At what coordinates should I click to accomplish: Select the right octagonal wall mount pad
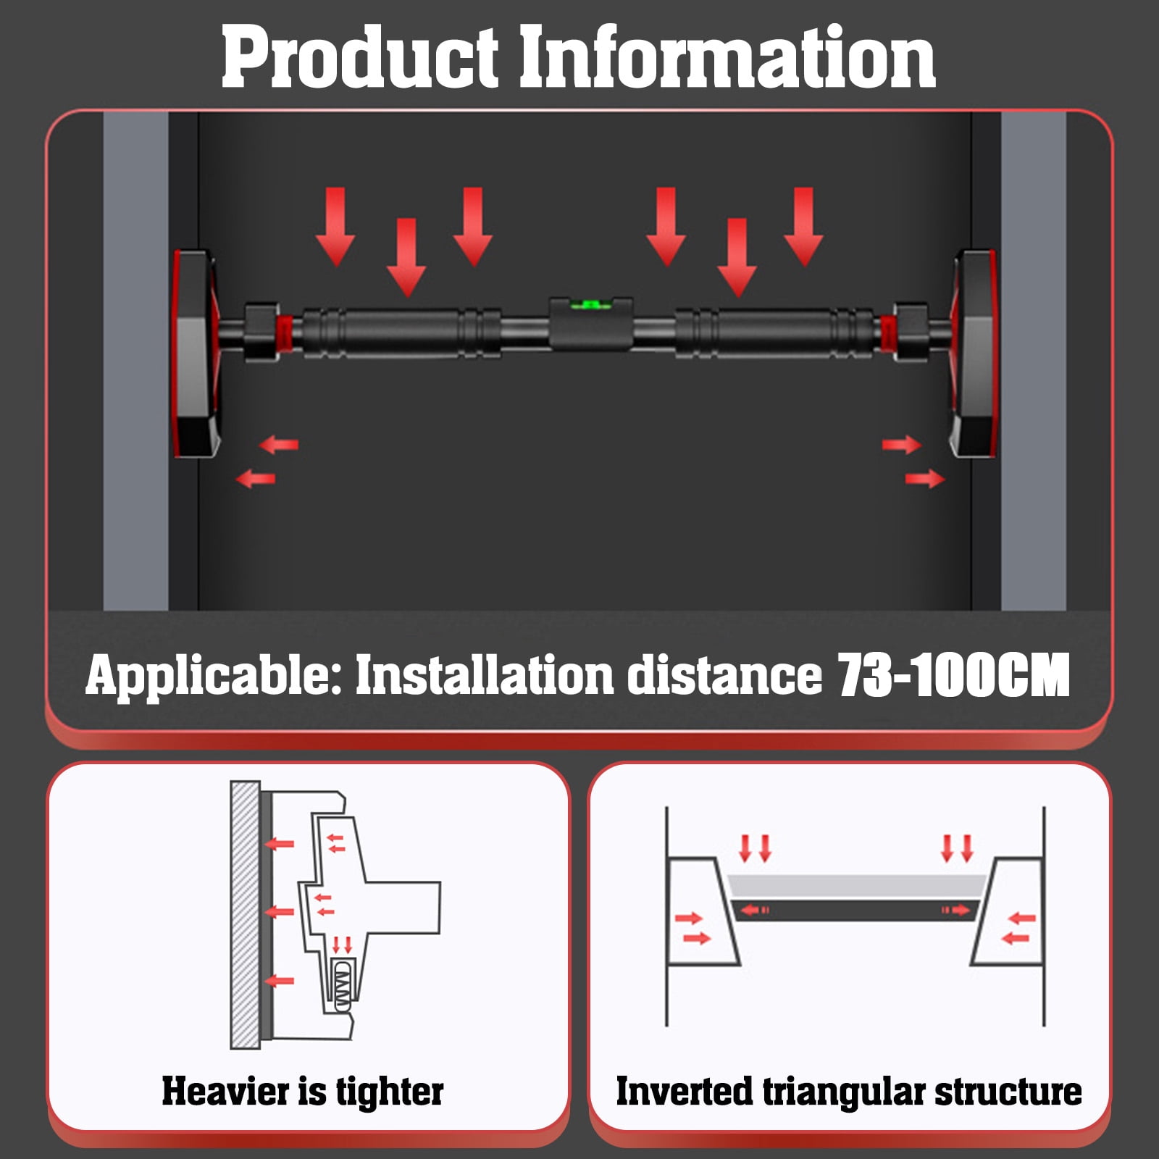point(975,354)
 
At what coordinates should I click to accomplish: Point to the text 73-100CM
point(954,676)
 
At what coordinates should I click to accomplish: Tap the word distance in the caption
point(725,675)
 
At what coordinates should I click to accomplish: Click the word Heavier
point(233,1091)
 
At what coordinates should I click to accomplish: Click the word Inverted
point(684,1091)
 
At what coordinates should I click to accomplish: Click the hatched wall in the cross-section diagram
point(245,914)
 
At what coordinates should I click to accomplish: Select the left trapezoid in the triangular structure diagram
point(702,911)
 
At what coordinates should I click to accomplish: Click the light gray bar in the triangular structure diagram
point(857,886)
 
